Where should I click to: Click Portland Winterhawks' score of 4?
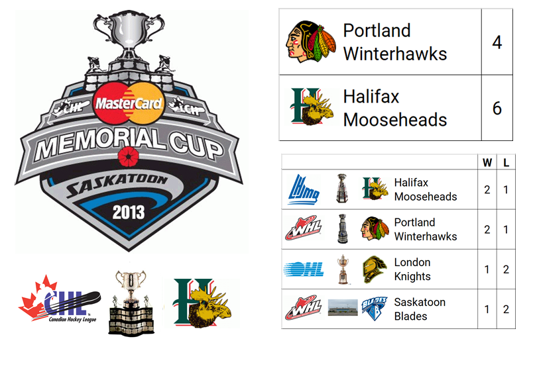click(497, 42)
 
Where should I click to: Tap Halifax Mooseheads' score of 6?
click(497, 108)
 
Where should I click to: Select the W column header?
click(487, 162)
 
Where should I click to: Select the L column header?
click(506, 162)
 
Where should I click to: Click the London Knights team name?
click(412, 269)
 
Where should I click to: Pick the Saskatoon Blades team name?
click(420, 309)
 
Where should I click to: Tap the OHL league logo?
click(304, 269)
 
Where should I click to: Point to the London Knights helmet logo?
click(374, 269)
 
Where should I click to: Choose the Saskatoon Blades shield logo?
click(374, 309)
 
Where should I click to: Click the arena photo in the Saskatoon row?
click(343, 308)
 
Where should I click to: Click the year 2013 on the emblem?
click(128, 213)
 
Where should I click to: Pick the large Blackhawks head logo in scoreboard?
click(311, 42)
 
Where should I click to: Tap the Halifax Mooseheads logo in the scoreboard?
click(311, 107)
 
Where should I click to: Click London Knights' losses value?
click(506, 269)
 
